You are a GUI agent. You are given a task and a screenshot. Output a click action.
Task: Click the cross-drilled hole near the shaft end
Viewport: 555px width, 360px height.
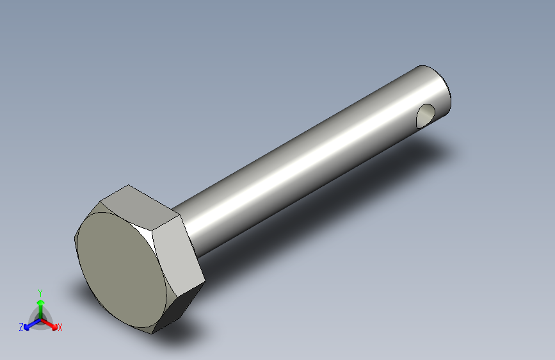tap(426, 116)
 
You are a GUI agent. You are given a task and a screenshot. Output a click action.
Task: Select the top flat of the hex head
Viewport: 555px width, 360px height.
tap(140, 205)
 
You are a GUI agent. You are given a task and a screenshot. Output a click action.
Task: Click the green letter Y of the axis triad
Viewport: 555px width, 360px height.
tap(40, 293)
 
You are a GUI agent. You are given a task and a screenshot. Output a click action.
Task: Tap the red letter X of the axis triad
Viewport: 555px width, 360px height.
tap(60, 327)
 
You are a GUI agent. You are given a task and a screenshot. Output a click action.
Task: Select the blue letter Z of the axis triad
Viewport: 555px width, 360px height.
tap(21, 327)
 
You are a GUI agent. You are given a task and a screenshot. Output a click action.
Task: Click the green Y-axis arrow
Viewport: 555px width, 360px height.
tap(41, 309)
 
